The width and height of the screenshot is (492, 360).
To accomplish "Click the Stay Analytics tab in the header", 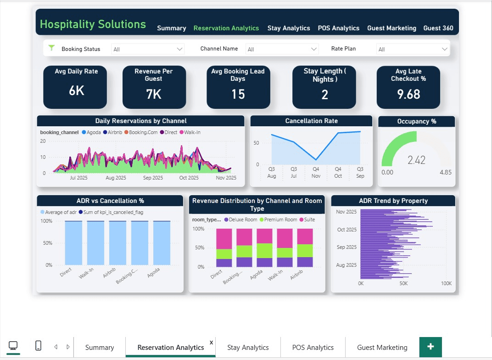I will coord(289,28).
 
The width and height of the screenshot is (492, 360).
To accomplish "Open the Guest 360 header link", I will coord(438,28).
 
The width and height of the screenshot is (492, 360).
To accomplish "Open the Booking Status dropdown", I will coord(147,49).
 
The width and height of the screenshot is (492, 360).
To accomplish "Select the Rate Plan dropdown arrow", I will coord(444,49).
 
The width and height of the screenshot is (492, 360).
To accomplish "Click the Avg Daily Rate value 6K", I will coord(76,91).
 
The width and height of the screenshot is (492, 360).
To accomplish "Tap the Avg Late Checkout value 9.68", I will coord(408,94).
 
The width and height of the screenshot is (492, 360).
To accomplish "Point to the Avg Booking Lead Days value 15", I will coord(238,94).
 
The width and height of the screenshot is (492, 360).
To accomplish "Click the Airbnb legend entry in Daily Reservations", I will coord(112,132).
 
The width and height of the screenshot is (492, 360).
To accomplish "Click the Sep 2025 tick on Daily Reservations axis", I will coord(153,178).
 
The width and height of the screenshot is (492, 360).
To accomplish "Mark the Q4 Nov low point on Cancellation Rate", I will coord(316,159).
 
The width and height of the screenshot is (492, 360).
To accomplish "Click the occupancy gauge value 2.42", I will coord(416,160).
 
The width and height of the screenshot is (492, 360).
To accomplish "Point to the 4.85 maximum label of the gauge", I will coord(445,172).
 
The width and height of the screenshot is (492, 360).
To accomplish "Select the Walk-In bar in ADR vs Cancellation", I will coord(95,243).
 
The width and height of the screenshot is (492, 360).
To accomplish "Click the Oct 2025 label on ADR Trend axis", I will coord(347,230).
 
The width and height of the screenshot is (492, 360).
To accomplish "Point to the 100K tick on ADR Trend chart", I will coord(446,284).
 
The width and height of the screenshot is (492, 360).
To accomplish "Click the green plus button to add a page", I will coord(430,347).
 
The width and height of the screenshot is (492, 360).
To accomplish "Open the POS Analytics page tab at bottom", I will coord(313,348).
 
